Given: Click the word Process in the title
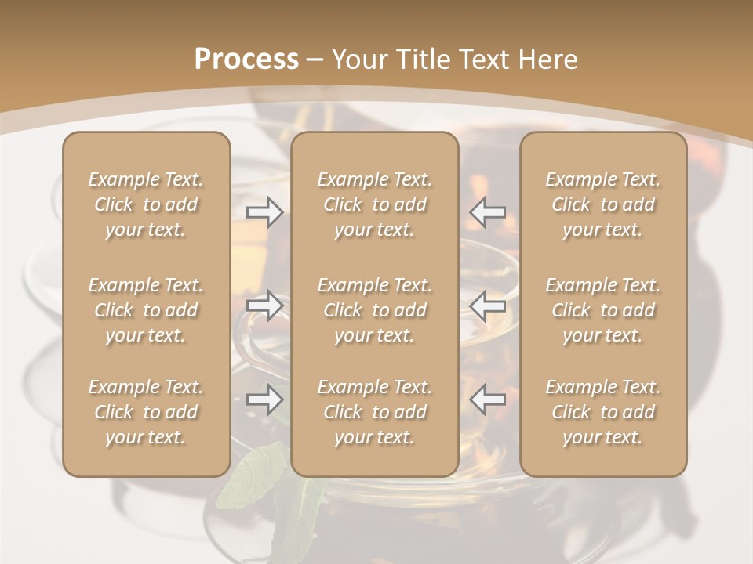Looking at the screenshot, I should (246, 60).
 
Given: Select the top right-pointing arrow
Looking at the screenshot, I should (264, 212).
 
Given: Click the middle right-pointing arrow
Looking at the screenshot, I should (264, 305).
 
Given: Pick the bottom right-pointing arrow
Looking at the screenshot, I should (264, 400).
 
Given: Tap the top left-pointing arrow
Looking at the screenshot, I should (488, 212).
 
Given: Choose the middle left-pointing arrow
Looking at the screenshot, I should (488, 305).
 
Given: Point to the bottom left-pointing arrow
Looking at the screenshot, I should (488, 400).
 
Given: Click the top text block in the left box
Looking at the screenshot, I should (146, 204).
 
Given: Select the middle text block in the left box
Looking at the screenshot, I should (146, 310).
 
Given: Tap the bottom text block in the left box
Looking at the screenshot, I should (146, 412).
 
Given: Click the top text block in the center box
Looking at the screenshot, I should (374, 204).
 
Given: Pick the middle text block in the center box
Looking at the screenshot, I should (374, 310).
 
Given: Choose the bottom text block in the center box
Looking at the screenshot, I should (374, 412).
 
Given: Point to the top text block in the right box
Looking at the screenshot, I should (603, 204).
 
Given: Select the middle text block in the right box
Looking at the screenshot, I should (603, 310).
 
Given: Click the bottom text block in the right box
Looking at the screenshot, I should (603, 412).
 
